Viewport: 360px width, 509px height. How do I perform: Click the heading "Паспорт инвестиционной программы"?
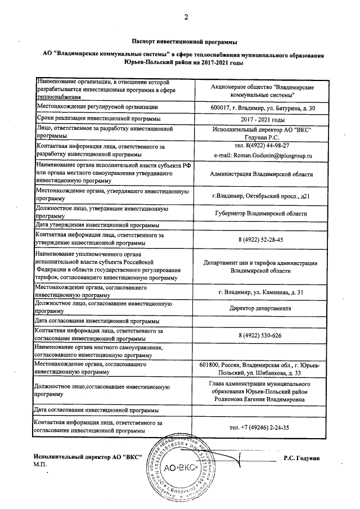click(x=184, y=42)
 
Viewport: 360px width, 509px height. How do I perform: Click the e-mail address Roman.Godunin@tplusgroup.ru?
click(x=263, y=155)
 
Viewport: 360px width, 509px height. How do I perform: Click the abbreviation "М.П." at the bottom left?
click(x=40, y=466)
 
